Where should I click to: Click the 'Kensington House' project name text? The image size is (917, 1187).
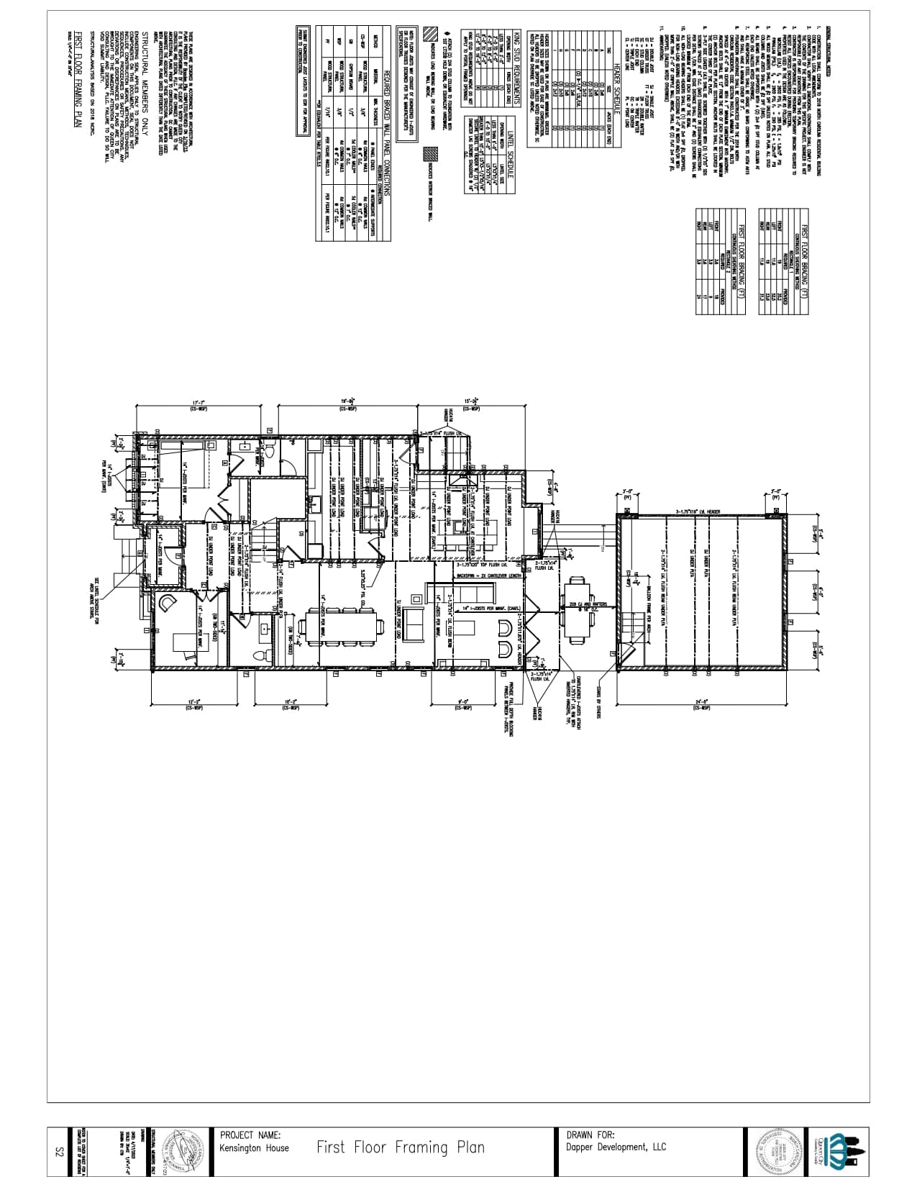[255, 1147]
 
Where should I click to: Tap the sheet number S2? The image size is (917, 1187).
[60, 1152]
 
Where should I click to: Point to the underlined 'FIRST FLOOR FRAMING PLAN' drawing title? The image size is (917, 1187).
[78, 78]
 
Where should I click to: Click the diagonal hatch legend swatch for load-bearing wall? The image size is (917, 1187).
[429, 33]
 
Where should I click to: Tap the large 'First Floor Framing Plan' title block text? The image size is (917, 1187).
[400, 1147]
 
